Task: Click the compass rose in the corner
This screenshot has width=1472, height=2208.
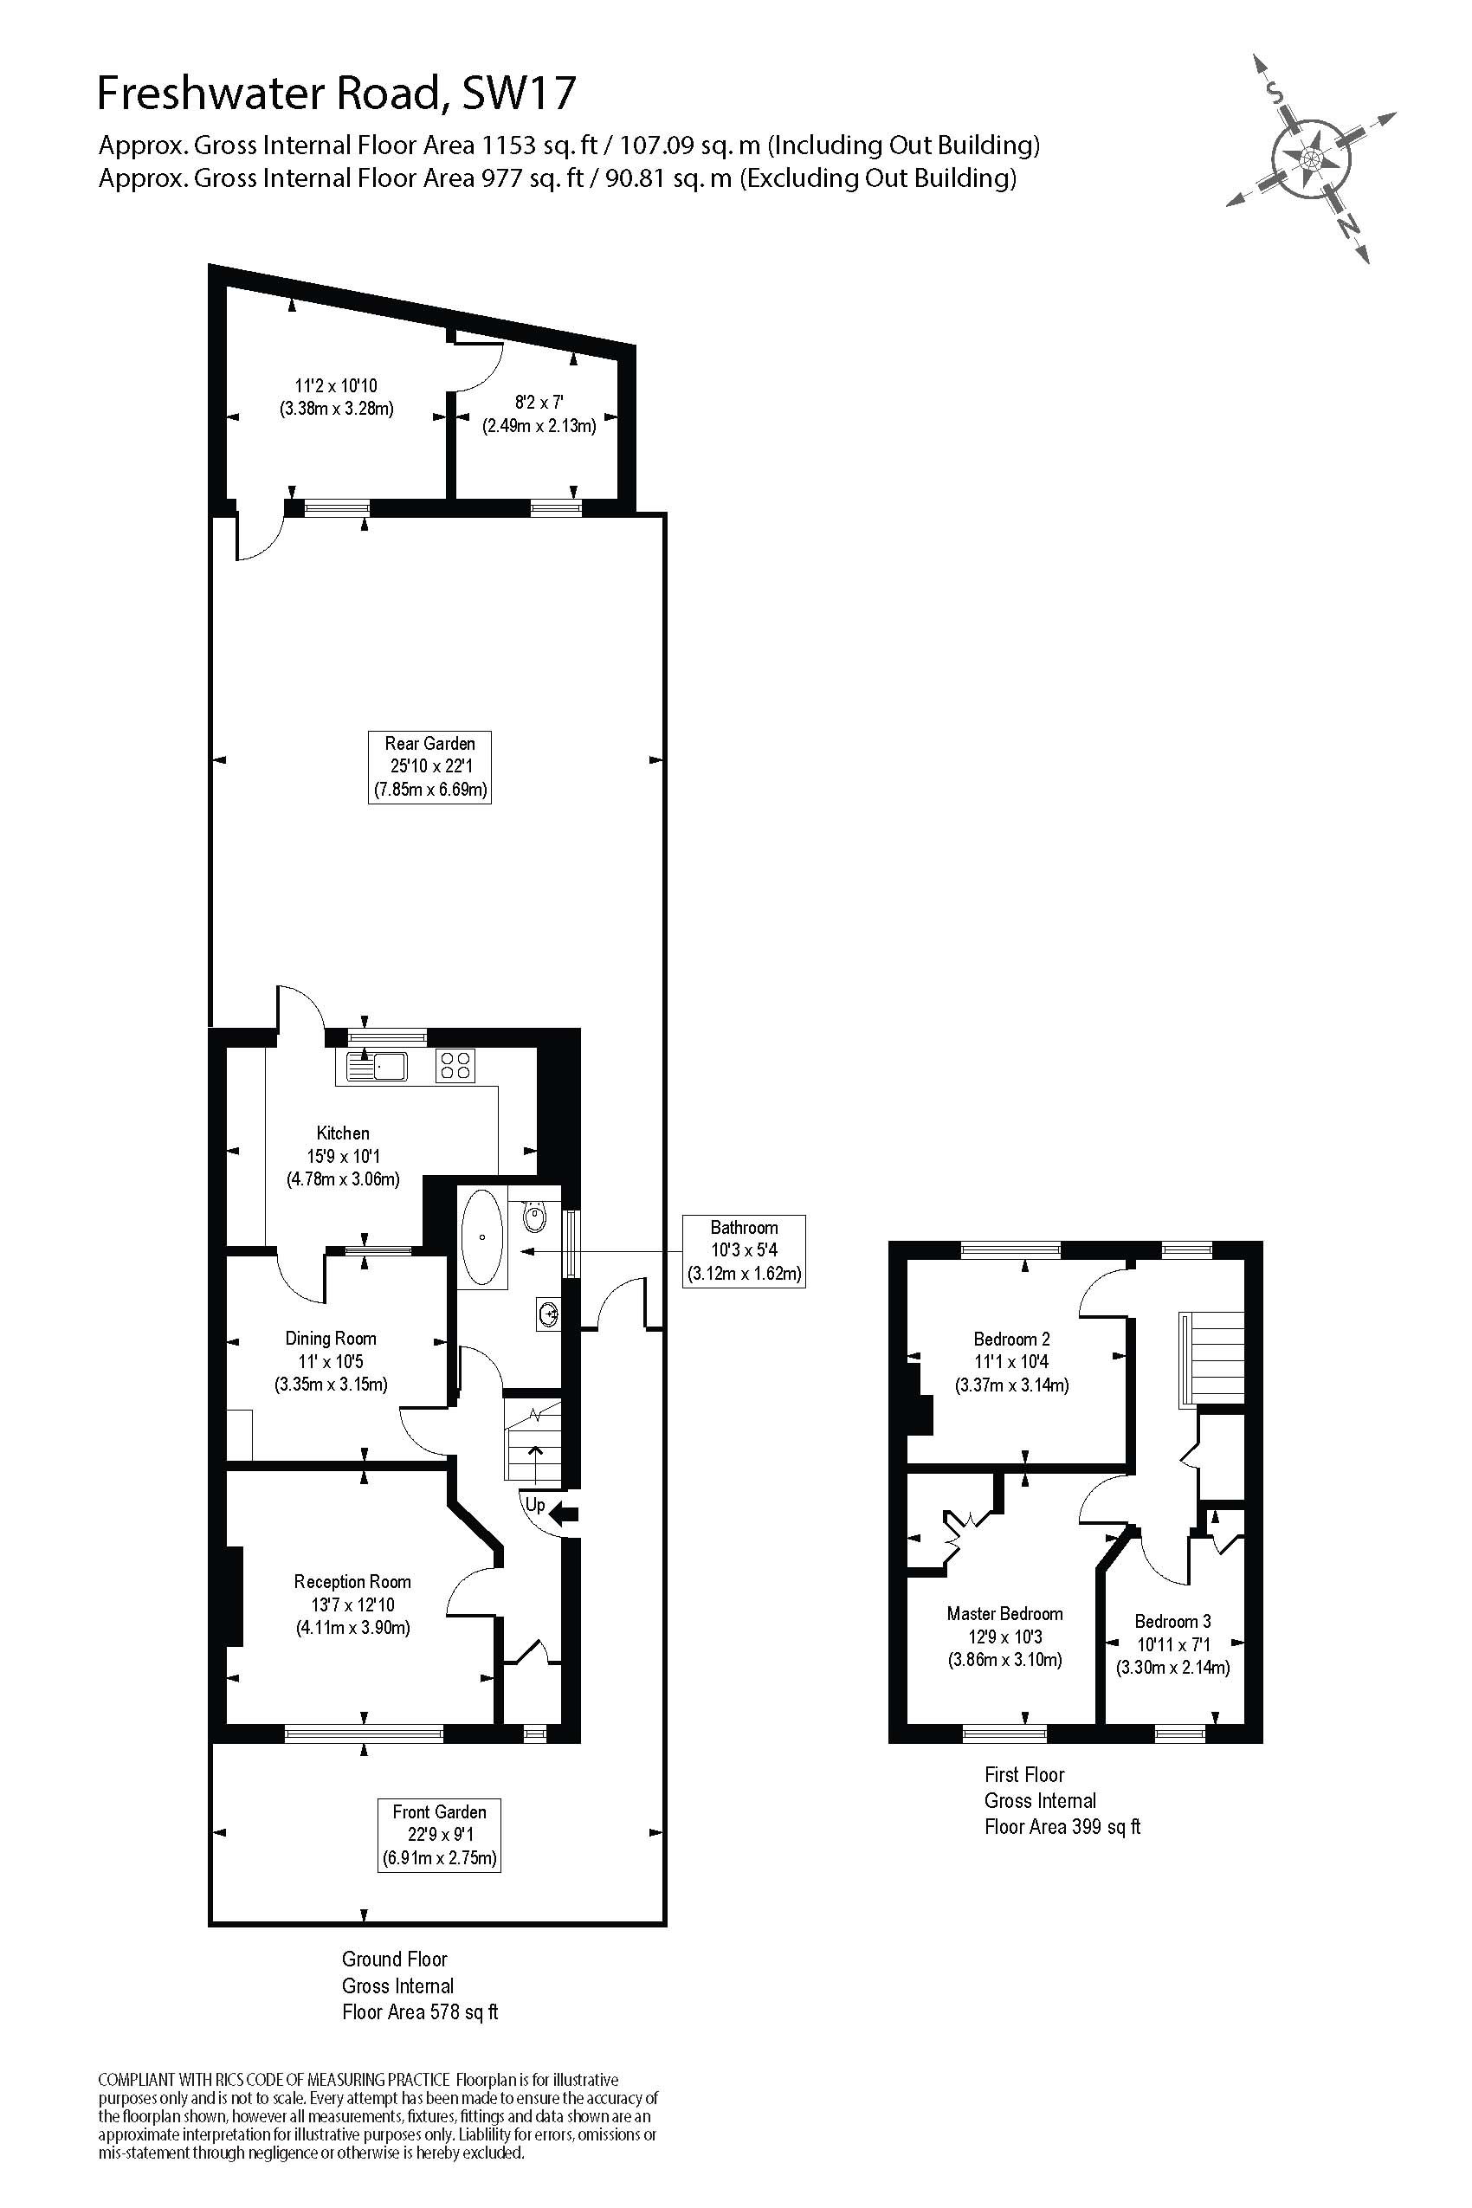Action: pos(1312,158)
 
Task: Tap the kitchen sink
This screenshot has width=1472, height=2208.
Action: pos(376,1066)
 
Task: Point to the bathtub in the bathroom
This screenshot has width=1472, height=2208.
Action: pos(481,1237)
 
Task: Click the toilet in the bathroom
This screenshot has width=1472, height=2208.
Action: pos(534,1217)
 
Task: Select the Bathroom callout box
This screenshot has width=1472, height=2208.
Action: pos(745,1250)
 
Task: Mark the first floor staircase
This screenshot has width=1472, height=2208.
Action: pos(1211,1359)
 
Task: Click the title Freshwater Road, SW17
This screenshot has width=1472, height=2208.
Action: pos(337,93)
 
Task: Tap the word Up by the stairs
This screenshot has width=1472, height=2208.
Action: pos(535,1506)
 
